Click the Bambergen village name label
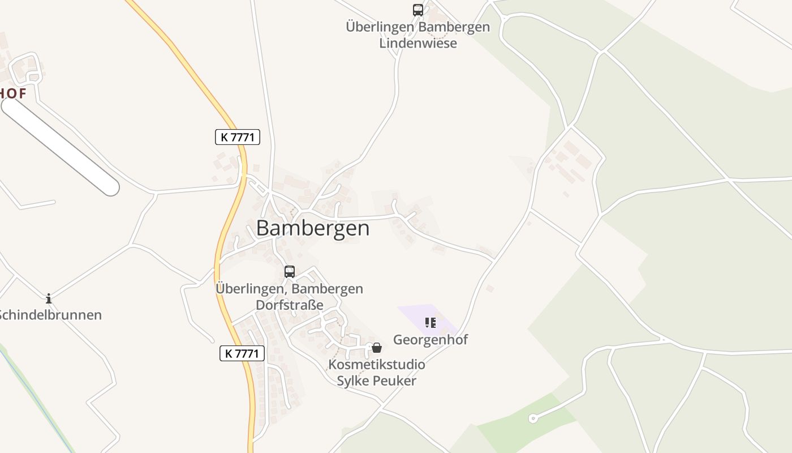point(313,228)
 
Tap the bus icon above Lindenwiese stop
point(417,10)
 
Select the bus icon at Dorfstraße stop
point(290,272)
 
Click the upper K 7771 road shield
point(238,137)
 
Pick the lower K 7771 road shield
point(242,353)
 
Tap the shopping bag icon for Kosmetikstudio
point(377,348)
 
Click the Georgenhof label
point(431,340)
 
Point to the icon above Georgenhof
point(431,323)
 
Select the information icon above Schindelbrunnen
point(49,298)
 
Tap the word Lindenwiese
point(417,43)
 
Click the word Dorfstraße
point(290,305)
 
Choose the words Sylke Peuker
point(376,381)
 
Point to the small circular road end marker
point(532,418)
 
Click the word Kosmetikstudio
point(376,364)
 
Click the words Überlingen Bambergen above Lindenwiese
point(417,27)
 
